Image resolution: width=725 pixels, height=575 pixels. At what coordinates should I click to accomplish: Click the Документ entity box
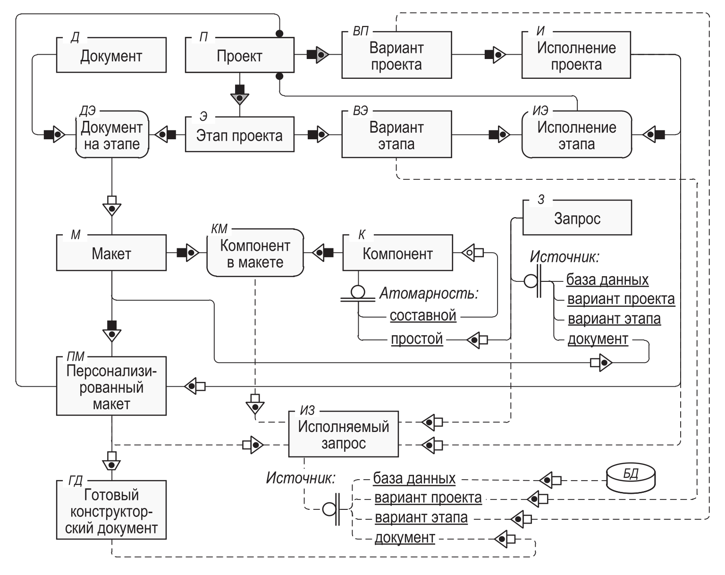pos(111,56)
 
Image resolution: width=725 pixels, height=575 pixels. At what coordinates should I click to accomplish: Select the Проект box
pos(239,56)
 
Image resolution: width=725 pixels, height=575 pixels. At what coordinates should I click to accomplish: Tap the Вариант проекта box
pos(396,56)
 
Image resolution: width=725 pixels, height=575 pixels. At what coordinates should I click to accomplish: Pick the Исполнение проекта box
pos(576,56)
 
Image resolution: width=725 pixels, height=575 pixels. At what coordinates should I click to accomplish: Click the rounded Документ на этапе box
pos(111,135)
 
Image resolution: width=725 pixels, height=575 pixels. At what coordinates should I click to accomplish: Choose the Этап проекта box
pos(239,135)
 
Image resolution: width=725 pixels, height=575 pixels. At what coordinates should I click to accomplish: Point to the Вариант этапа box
pos(396,135)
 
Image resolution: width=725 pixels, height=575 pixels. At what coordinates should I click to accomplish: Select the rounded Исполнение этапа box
pos(576,135)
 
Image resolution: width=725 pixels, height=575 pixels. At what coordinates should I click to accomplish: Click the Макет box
pos(111,254)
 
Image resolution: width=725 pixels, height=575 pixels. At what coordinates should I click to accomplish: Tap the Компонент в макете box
pos(255,254)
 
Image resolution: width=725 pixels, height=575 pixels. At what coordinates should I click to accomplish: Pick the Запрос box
pos(577,219)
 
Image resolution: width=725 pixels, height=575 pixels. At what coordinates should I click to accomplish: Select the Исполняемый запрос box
pos(343,435)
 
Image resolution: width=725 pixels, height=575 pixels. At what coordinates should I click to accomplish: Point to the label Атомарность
pos(429,294)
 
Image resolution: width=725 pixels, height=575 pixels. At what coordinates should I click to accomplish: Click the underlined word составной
pos(423,315)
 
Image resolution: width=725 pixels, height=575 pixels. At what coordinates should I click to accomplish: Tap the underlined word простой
pos(417,339)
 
